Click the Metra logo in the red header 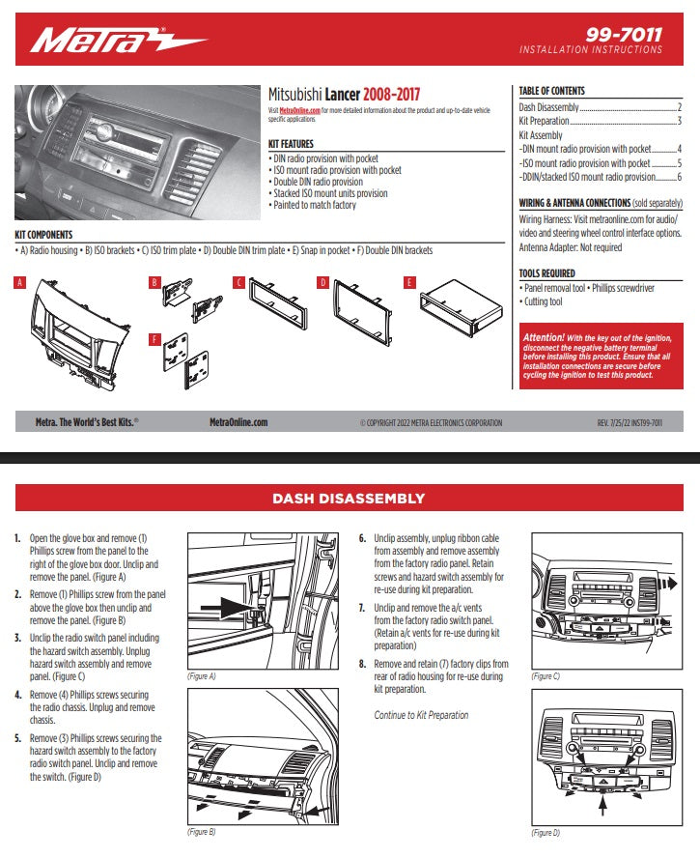click(116, 42)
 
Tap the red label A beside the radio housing click(18, 283)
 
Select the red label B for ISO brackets click(154, 283)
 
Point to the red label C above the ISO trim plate click(238, 283)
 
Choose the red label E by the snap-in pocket click(410, 283)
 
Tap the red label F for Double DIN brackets click(154, 338)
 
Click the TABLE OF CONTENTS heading click(551, 91)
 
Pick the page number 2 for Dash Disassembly click(680, 107)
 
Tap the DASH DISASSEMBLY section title click(349, 499)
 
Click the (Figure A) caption click(201, 676)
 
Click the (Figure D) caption click(546, 833)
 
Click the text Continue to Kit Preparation click(421, 715)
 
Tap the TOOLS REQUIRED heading click(546, 273)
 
